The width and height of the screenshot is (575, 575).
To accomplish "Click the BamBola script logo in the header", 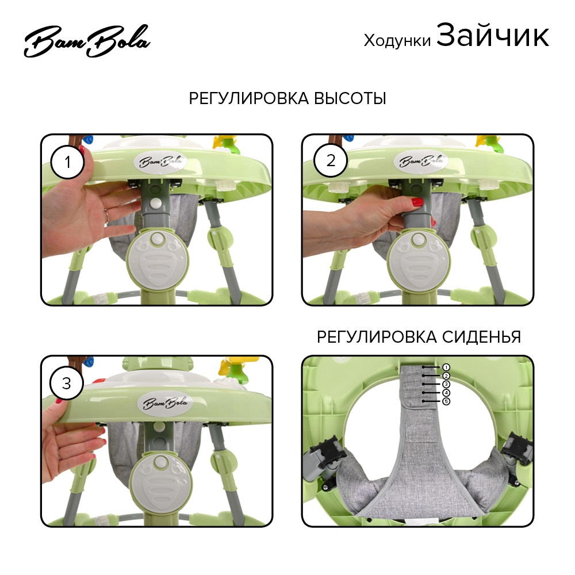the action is point(87,41).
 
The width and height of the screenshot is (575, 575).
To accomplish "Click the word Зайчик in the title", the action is point(493,36).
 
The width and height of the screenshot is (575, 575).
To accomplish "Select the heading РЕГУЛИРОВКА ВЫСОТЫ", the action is point(287,98).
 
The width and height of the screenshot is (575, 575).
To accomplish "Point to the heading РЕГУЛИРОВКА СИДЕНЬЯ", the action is point(419,336).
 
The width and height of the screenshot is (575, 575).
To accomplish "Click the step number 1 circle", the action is point(67,162).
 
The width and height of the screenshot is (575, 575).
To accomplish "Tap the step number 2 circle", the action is point(331,160).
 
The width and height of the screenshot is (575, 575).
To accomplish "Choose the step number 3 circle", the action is point(66,383).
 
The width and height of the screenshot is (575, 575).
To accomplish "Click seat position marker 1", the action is point(446,367).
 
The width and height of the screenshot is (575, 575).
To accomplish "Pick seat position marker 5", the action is point(446,401).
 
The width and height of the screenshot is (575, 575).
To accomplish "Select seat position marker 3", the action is point(446,384).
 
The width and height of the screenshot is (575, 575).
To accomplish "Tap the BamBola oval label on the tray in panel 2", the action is point(421,161).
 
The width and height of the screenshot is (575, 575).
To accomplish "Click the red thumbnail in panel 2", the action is point(417,202).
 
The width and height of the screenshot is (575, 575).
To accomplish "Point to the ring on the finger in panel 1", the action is point(107,216).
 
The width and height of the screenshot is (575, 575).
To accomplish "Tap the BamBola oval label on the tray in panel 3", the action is point(166,404).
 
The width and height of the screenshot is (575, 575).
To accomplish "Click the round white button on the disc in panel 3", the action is point(160,463).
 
